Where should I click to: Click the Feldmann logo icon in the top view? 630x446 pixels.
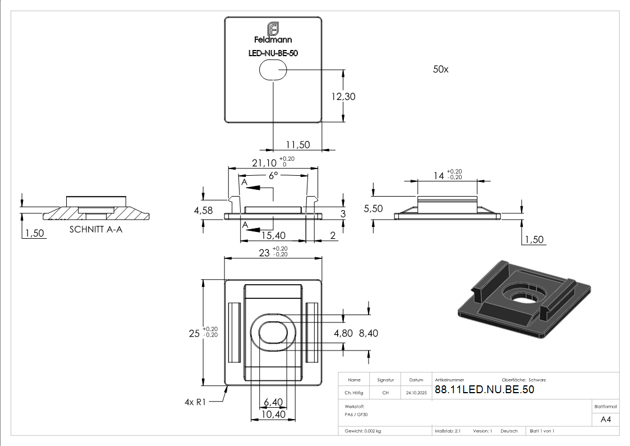tap(273, 29)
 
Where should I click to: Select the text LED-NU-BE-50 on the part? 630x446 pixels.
tap(273, 53)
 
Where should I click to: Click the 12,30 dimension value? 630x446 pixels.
tap(343, 97)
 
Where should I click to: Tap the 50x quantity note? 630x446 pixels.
tap(440, 70)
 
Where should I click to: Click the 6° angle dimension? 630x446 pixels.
tap(273, 175)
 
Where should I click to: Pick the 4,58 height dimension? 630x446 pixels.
tap(203, 210)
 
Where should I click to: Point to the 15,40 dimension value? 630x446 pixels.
tap(273, 236)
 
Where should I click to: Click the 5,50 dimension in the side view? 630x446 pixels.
tap(373, 208)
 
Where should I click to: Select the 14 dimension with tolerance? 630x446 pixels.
tap(438, 176)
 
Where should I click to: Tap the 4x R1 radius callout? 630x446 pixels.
tap(196, 402)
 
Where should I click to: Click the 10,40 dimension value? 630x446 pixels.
tap(273, 415)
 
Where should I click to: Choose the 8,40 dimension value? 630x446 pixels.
tap(368, 333)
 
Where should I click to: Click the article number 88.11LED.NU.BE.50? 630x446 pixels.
tap(484, 390)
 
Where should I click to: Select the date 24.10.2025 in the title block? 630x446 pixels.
tap(416, 393)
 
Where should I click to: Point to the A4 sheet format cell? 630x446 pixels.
tap(606, 419)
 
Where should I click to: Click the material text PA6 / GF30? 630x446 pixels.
tap(357, 414)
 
